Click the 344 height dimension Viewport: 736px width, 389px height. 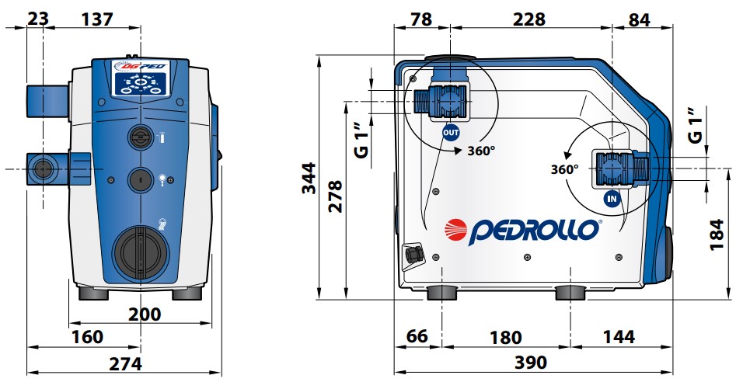tap(309, 179)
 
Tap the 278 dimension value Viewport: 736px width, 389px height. tap(335, 197)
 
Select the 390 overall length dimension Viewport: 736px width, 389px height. tap(531, 363)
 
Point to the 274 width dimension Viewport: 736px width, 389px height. tap(125, 363)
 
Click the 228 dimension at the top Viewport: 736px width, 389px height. tap(529, 19)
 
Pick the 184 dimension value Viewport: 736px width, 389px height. tap(717, 234)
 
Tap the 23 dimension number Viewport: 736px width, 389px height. tap(38, 19)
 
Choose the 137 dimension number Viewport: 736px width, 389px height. tap(97, 19)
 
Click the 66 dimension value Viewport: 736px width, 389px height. tap(417, 336)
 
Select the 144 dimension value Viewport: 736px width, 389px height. tap(619, 336)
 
